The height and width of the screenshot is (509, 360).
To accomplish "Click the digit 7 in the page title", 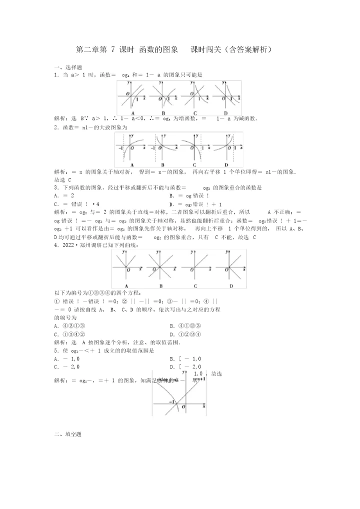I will (113, 49).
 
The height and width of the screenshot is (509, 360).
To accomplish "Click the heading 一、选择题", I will (67, 67).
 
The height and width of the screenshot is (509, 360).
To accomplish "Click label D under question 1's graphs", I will (226, 112).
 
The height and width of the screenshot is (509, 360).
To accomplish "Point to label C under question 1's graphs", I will (194, 112).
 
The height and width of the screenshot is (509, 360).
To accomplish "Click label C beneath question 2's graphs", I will (194, 165).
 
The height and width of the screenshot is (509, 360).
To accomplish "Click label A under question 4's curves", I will (127, 285).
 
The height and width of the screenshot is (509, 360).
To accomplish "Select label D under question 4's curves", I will (230, 285).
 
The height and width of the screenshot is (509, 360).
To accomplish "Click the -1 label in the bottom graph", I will (170, 402).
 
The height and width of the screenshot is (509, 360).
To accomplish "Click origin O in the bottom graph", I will (183, 407).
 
